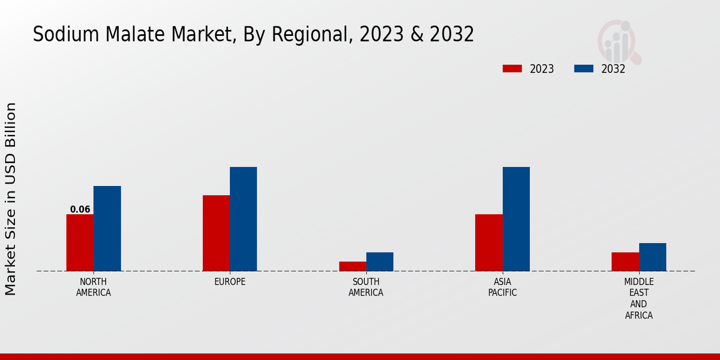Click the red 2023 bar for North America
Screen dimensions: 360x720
click(x=80, y=242)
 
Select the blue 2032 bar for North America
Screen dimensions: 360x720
click(x=107, y=228)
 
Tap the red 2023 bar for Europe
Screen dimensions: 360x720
click(x=216, y=233)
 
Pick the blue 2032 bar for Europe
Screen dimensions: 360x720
click(x=243, y=218)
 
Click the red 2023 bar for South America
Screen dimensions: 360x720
click(x=352, y=266)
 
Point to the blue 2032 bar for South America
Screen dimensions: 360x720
click(x=380, y=262)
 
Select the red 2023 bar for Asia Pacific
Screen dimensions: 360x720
click(x=488, y=242)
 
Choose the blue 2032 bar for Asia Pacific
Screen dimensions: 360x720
click(x=516, y=218)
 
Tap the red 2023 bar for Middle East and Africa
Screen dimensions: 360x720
click(x=625, y=262)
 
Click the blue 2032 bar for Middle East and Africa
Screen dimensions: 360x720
click(x=652, y=257)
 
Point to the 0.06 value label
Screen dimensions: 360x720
click(x=80, y=209)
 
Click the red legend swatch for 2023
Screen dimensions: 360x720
click(x=512, y=68)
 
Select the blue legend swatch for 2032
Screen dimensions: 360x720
click(x=584, y=68)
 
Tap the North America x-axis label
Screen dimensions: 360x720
click(x=94, y=287)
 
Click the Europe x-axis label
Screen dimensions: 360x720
click(x=230, y=282)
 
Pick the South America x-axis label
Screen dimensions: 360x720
click(x=366, y=287)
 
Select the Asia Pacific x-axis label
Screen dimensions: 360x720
click(x=502, y=287)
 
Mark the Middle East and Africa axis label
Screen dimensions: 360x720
click(x=639, y=298)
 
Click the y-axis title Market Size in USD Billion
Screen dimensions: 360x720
click(x=11, y=199)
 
